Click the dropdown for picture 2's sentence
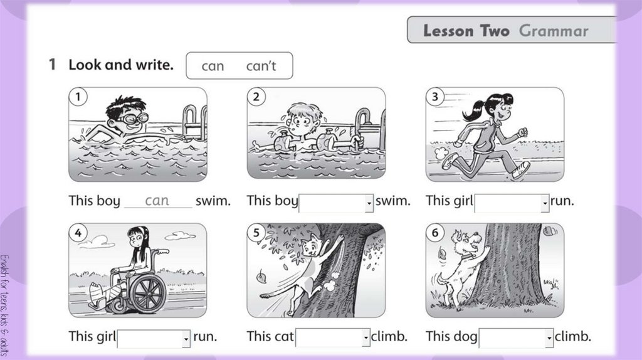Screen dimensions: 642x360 point(336,203)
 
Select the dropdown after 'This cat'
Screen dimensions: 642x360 point(332,337)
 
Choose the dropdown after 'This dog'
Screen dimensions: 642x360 point(516,338)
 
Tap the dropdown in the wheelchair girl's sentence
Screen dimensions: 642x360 point(154,339)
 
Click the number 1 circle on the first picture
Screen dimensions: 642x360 point(78,97)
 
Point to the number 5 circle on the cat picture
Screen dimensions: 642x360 point(256,233)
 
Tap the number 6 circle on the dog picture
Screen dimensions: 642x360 point(435,233)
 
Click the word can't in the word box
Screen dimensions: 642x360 point(261,66)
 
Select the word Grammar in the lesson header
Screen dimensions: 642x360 point(554,31)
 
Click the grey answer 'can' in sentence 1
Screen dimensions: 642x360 point(157,200)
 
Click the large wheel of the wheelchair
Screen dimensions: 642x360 point(147,294)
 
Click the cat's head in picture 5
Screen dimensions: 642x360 point(312,246)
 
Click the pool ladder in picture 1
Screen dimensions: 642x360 point(195,122)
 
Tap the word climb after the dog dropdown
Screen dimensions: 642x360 point(573,336)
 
